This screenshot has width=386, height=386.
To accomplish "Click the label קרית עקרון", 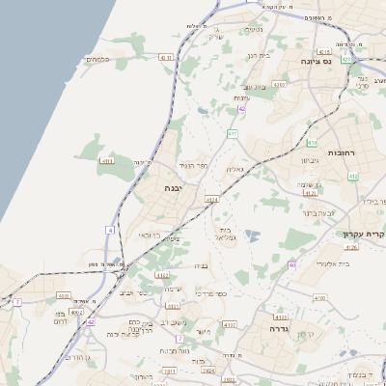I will [363, 234].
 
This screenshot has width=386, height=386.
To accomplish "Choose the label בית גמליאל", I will [227, 234].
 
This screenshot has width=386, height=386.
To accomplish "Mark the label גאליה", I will [234, 169].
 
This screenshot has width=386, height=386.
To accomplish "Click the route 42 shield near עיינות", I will [242, 110].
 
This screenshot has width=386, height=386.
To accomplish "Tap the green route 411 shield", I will [233, 133].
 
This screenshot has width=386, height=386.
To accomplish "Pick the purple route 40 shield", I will [290, 265].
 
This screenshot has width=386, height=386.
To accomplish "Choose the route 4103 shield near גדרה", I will [281, 316].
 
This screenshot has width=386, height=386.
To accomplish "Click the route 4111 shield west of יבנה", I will [107, 161].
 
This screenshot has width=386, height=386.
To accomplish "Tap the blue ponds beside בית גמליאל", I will [252, 235].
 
